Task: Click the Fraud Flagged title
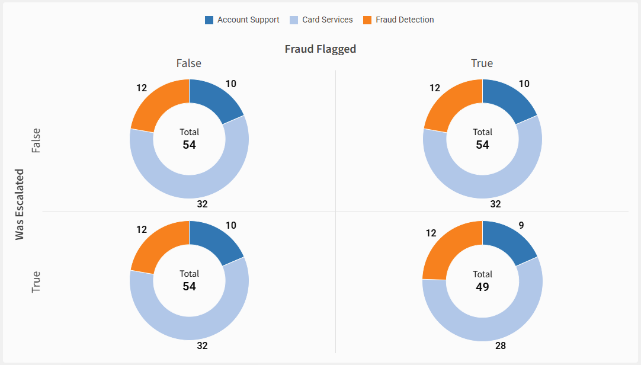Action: pyautogui.click(x=320, y=49)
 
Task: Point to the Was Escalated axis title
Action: pyautogui.click(x=20, y=204)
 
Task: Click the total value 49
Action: pyautogui.click(x=482, y=287)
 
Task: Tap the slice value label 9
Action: pyautogui.click(x=521, y=226)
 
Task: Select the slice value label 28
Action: pyautogui.click(x=501, y=346)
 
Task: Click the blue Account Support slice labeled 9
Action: pyautogui.click(x=507, y=240)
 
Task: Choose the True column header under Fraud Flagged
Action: pyautogui.click(x=482, y=63)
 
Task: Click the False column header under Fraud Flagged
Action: pyautogui.click(x=188, y=63)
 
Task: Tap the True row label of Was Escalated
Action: pyautogui.click(x=37, y=282)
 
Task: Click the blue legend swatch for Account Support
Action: pyautogui.click(x=209, y=20)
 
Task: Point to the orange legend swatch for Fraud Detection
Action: pyautogui.click(x=367, y=20)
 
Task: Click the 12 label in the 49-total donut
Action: pyautogui.click(x=431, y=233)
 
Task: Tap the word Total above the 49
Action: pyautogui.click(x=482, y=274)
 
